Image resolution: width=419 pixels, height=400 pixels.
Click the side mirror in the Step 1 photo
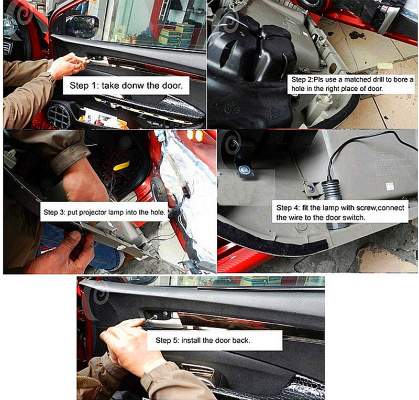[x=82, y=26]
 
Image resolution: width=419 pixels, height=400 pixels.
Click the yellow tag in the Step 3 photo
[x=122, y=166]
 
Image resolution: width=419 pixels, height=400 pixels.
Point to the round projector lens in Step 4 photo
[x=244, y=170]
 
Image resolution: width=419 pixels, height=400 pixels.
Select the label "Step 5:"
[x=167, y=340]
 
